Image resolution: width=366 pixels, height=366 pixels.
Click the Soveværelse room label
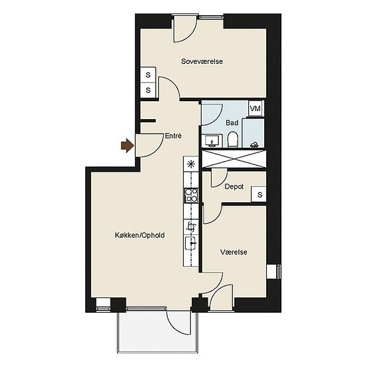coord(202,61)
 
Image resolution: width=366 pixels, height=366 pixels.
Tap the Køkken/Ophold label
coord(140,235)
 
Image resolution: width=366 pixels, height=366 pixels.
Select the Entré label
coord(173,136)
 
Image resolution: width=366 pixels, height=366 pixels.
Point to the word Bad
coord(232,123)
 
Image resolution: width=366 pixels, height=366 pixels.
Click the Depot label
coord(234,187)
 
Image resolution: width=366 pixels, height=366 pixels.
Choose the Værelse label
coord(234,252)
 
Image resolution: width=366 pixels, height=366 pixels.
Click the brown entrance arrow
coord(128,146)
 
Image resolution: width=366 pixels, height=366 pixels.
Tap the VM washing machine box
coord(255,108)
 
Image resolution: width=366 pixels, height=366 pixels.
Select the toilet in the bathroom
coord(232,139)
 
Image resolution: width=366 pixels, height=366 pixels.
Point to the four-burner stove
coord(191,196)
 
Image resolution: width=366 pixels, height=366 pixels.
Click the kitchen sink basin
coord(191,243)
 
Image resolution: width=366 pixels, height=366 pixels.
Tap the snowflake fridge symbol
coord(191,164)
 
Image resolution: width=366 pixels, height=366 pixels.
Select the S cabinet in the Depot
coord(259,194)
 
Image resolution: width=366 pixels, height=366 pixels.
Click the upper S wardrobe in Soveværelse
coord(148,75)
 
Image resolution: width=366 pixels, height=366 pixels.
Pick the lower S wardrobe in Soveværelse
coord(148,90)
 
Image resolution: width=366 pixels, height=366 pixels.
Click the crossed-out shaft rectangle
coord(234,159)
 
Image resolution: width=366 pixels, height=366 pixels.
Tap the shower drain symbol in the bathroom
coord(254,145)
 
